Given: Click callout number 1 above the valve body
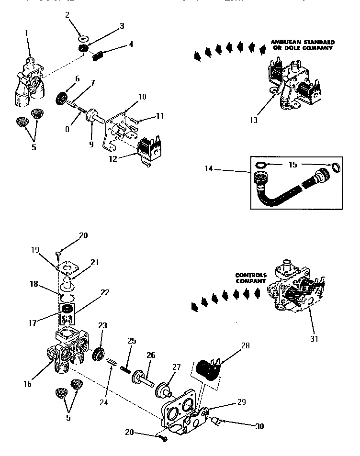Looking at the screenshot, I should [26, 33].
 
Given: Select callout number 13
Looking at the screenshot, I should [254, 120].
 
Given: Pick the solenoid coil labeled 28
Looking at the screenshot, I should [208, 370].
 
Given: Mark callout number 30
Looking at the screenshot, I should [259, 426].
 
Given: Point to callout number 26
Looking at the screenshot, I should [152, 356].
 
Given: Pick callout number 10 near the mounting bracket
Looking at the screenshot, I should [142, 97].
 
